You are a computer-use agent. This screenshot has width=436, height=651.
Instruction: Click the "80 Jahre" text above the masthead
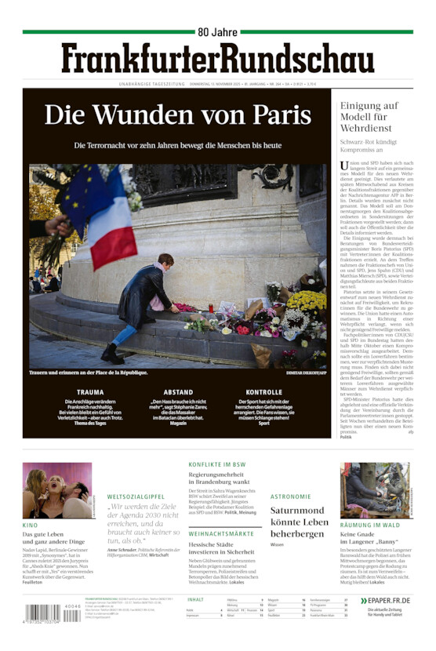tap(218, 32)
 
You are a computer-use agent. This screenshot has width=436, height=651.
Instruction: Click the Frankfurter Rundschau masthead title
tap(218, 60)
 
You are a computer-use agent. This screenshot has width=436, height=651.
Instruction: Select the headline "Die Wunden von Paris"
tap(178, 115)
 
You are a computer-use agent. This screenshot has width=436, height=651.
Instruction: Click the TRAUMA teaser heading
tap(89, 392)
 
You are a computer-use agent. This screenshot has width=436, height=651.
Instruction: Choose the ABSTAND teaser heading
tap(178, 392)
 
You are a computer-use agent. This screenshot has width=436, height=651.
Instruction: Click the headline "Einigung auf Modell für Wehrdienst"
tap(369, 117)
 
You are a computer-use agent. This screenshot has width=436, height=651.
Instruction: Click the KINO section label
tap(30, 525)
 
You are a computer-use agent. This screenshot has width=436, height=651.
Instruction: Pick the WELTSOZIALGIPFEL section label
tap(136, 496)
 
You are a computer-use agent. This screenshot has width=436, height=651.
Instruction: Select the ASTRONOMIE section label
tap(291, 496)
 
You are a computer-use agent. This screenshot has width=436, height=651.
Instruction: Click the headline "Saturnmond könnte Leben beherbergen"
tap(299, 522)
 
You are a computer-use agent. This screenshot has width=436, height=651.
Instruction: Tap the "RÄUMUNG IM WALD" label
tap(369, 525)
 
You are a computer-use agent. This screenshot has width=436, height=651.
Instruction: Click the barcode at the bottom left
tap(42, 613)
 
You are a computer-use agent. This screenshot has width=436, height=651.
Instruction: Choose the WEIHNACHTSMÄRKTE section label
tap(221, 533)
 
